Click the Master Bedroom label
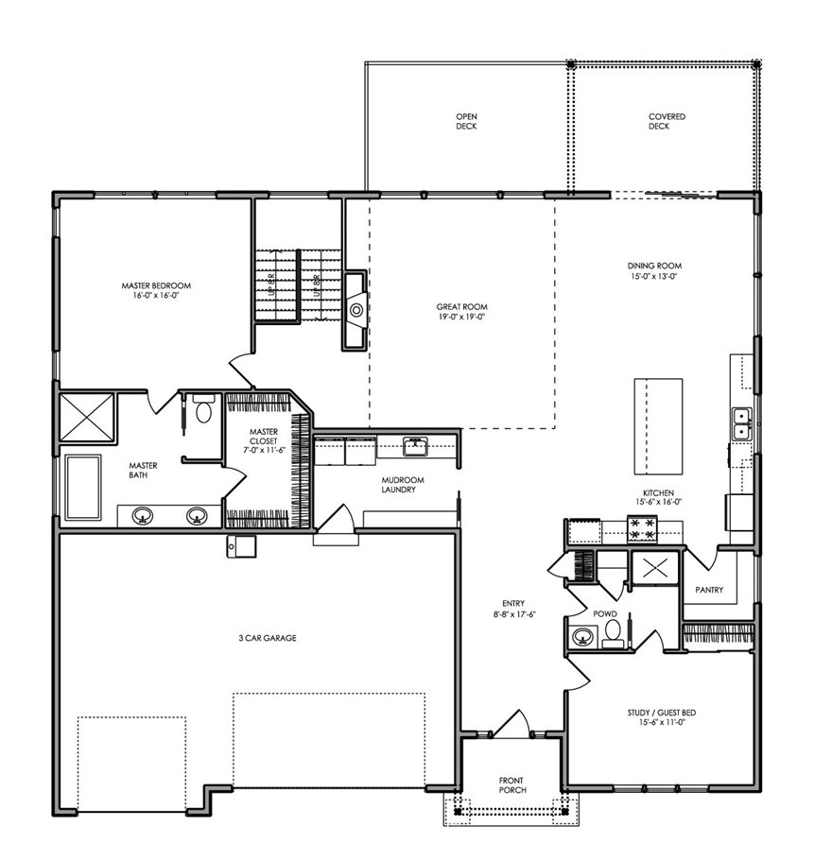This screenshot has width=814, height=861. click(156, 285)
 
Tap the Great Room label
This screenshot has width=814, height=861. click(461, 307)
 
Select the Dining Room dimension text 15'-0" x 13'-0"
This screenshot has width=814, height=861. click(653, 276)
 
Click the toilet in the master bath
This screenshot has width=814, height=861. click(203, 408)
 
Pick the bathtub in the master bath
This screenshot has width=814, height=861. click(83, 487)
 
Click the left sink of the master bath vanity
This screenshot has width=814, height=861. click(143, 516)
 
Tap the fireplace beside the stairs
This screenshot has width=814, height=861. click(355, 310)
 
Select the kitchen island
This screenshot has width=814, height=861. click(659, 426)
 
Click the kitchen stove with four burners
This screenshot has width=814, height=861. click(642, 528)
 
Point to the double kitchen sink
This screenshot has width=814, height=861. click(741, 424)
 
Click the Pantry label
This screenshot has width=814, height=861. click(709, 590)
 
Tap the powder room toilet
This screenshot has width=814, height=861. click(612, 632)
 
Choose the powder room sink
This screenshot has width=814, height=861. click(581, 637)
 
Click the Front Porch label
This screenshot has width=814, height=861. click(511, 784)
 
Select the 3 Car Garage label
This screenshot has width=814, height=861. click(268, 638)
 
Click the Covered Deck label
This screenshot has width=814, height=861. click(667, 121)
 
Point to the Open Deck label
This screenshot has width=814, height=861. click(466, 121)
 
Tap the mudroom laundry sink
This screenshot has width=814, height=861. click(415, 446)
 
